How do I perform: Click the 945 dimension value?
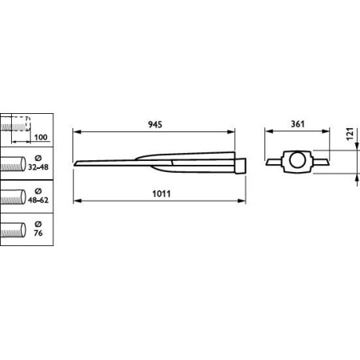155,124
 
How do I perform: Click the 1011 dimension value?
162,194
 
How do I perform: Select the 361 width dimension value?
298,123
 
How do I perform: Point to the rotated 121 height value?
350,134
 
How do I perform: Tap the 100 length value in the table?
41,137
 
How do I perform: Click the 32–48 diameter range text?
38,167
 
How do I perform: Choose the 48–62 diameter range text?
38,200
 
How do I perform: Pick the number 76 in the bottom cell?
38,233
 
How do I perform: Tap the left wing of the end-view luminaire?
274,162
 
